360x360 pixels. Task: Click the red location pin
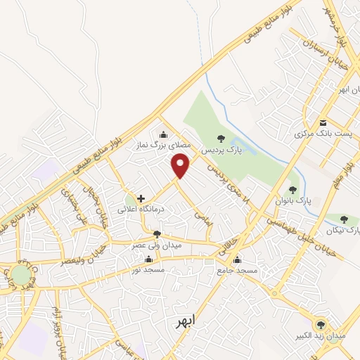[x=181, y=166]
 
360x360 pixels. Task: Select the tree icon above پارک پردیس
[x=221, y=138]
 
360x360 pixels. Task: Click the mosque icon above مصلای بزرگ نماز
[x=164, y=135]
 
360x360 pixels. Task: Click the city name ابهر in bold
[x=185, y=323]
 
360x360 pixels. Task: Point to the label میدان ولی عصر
[x=157, y=245]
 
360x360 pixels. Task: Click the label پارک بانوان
[x=294, y=201]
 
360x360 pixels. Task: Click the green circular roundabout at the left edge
[x=21, y=275]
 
